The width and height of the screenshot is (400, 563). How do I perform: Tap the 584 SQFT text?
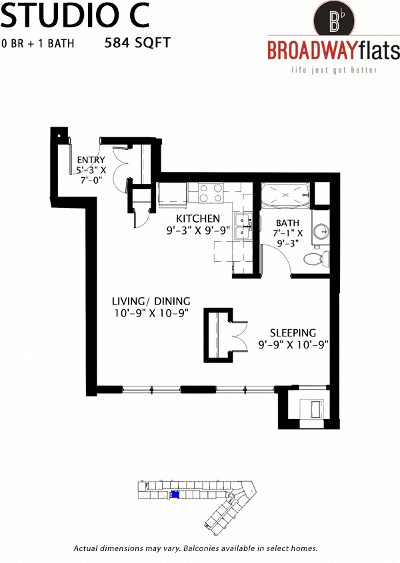click(137, 43)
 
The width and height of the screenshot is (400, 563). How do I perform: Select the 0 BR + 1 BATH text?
click(37, 44)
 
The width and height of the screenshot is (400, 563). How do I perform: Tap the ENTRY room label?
click(91, 160)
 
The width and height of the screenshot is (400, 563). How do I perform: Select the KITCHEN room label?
click(198, 219)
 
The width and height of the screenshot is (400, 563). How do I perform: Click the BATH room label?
click(288, 223)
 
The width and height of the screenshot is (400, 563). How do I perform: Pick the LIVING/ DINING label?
click(151, 300)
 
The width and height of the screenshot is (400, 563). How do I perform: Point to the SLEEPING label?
click(293, 332)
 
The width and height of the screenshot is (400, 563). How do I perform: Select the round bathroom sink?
click(321, 231)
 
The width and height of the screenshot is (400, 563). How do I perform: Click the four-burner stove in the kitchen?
click(211, 193)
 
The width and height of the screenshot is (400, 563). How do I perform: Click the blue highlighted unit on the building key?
click(175, 494)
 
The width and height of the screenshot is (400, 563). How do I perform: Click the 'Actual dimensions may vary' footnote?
click(195, 548)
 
